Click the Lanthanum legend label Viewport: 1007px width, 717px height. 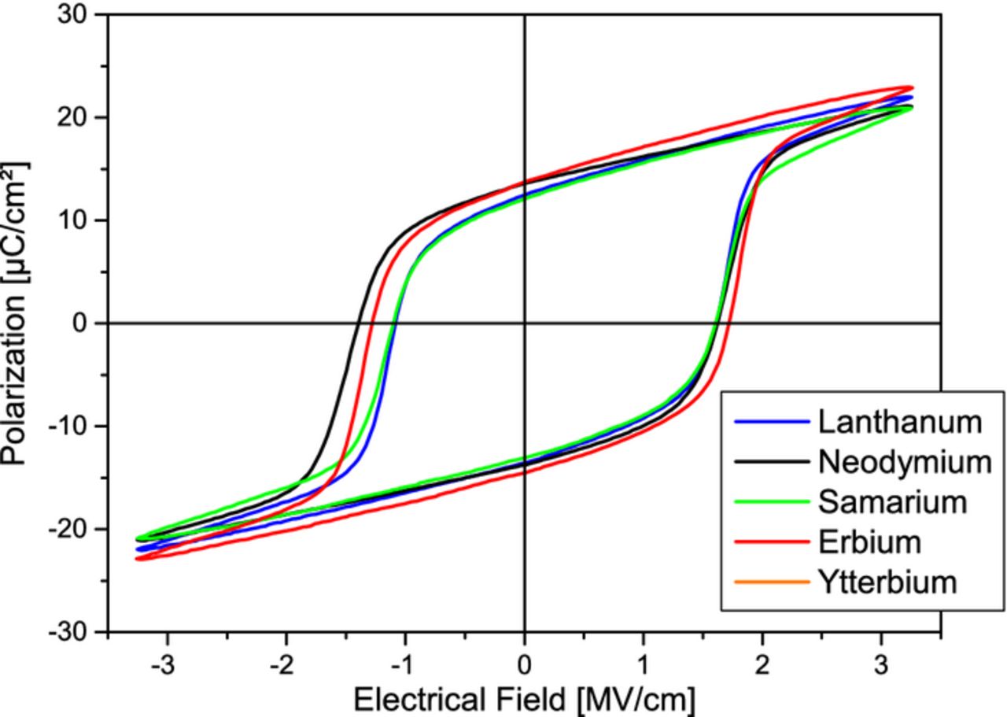click(899, 422)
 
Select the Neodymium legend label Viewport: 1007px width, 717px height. click(904, 462)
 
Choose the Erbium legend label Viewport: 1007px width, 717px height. click(869, 541)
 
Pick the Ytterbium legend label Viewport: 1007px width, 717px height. click(887, 582)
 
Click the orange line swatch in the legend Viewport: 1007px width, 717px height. click(772, 582)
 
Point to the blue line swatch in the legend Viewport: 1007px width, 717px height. click(772, 423)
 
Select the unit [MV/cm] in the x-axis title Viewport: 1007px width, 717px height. click(635, 698)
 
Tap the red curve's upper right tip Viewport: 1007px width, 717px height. click(910, 87)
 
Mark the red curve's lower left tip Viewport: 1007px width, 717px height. click(138, 558)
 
